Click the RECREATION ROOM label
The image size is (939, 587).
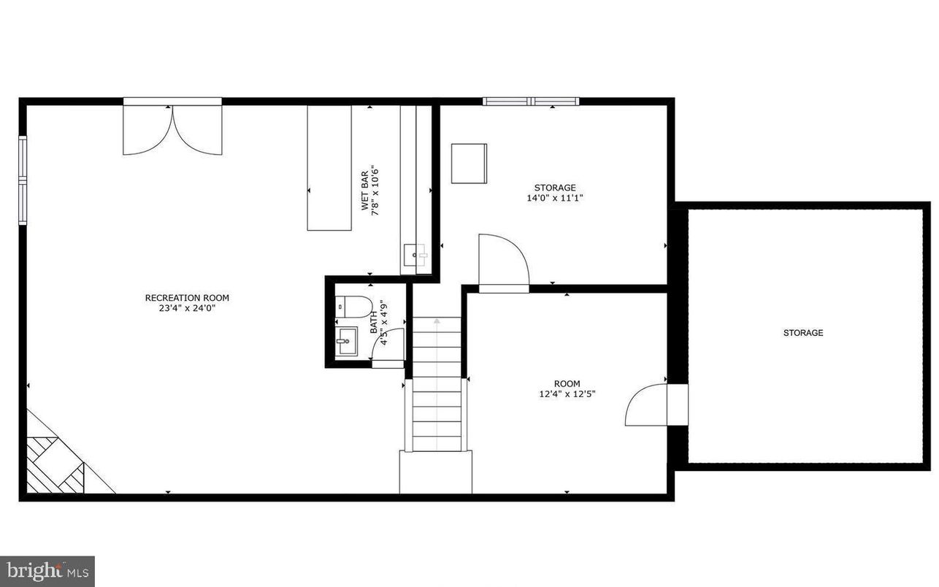pos(187,297)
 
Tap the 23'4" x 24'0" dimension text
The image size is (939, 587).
pos(187,308)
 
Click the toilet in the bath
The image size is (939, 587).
pos(354,307)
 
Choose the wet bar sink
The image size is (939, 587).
pos(415,256)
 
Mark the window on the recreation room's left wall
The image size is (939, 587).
pos(23,180)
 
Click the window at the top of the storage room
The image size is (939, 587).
pos(531,101)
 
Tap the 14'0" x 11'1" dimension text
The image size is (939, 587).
pos(555,198)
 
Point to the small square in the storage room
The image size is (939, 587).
pos(469,164)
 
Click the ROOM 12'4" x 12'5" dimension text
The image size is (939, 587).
pos(567,395)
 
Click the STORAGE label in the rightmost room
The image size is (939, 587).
pos(803,333)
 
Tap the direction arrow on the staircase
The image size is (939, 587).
pos(437,321)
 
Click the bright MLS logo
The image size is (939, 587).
pos(47,570)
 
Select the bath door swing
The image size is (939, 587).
pos(388,345)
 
